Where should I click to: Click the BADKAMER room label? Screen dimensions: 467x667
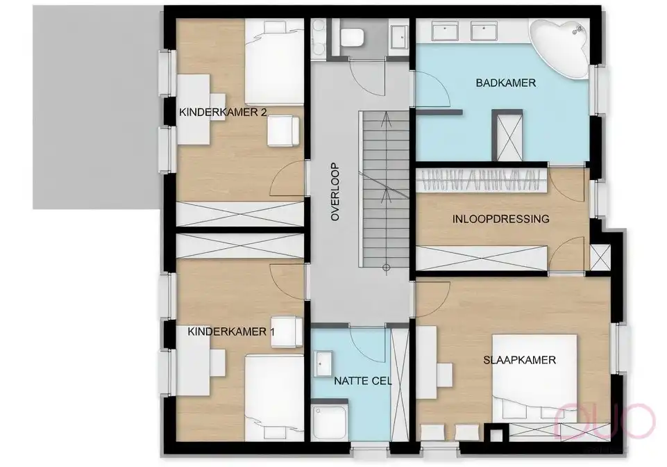tap(497, 83)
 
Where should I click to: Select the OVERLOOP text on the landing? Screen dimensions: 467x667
tap(335, 192)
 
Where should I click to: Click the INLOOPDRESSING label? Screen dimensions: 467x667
tap(500, 218)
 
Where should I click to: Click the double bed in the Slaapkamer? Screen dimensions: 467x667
tap(534, 379)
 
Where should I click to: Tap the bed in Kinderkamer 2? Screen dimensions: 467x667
tap(275, 63)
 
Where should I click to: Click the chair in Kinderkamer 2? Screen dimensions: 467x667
tap(285, 131)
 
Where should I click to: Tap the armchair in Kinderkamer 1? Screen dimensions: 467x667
tap(285, 331)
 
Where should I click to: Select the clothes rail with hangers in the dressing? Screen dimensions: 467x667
tap(482, 180)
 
